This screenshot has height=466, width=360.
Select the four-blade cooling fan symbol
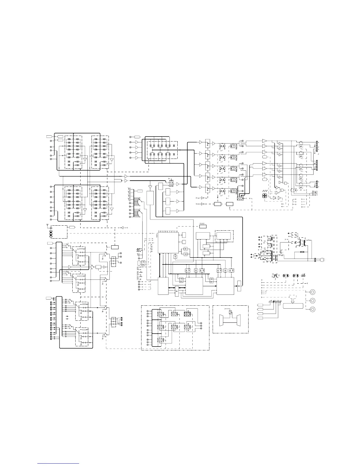[265, 196]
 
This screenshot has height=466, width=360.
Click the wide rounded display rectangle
[293, 306]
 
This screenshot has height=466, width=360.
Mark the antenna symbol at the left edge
[47, 225]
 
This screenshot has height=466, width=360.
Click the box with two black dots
[51, 234]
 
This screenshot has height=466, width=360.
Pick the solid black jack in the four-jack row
[274, 302]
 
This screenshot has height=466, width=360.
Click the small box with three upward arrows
[203, 226]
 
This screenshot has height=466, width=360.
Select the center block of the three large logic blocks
[194, 285]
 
